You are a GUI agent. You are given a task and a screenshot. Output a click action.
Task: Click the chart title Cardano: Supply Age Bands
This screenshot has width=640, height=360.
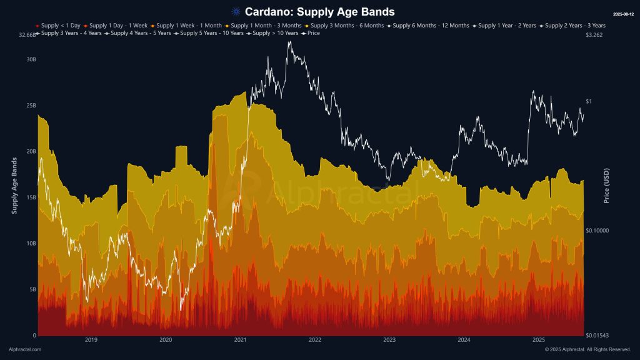point(319,12)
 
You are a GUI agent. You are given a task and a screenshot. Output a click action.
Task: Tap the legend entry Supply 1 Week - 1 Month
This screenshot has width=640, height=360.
point(182,26)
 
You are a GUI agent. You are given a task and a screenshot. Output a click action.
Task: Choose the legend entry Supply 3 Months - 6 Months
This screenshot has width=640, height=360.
point(347,26)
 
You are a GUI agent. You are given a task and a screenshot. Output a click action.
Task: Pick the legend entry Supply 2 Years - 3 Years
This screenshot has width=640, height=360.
point(575,26)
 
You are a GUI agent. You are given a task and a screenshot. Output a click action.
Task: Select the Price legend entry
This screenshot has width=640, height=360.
point(313,33)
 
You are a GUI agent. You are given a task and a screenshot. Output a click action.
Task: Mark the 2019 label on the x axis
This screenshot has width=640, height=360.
point(91,341)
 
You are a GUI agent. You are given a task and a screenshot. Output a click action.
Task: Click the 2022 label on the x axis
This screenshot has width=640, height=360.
point(314,341)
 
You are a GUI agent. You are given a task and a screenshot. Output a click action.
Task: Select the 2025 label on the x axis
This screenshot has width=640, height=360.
point(539,341)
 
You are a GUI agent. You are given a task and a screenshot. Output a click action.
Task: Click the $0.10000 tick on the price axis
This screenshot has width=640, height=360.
point(599,231)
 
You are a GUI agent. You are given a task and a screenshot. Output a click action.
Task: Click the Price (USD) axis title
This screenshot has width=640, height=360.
point(606,186)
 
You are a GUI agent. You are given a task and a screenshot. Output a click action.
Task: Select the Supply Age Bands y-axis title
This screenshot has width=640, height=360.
point(14,186)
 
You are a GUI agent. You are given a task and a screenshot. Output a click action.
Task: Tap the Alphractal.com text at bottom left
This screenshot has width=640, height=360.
point(25,349)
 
